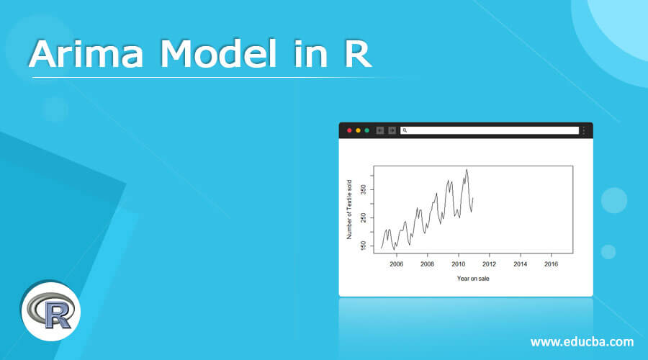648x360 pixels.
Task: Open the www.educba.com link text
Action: [582, 341]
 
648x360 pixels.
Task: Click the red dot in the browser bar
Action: [349, 130]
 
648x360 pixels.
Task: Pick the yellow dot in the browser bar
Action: [358, 130]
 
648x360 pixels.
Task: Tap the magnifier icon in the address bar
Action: [405, 130]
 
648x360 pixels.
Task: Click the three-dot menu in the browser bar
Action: [584, 130]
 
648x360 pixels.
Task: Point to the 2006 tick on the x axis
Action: [396, 264]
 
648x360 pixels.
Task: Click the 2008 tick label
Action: [427, 264]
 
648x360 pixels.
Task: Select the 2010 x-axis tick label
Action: [458, 264]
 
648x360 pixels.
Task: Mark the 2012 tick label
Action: [489, 264]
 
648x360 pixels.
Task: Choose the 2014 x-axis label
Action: [520, 264]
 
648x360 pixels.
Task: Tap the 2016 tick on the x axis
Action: [551, 264]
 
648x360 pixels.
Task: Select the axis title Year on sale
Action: [473, 279]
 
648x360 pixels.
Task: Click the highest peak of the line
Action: [467, 170]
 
